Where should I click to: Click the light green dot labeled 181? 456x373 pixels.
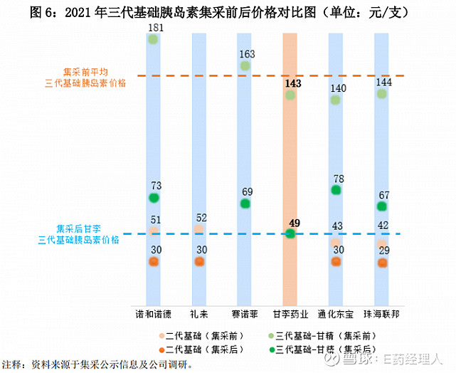click(x=154, y=40)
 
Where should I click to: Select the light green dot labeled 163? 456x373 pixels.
click(x=245, y=66)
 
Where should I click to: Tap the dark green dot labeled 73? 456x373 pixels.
click(x=154, y=197)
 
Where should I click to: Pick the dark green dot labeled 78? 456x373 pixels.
click(x=336, y=190)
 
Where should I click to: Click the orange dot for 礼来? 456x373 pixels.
click(x=199, y=261)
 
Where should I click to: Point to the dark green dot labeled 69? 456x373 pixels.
click(x=245, y=204)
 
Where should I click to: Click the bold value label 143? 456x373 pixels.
click(x=292, y=83)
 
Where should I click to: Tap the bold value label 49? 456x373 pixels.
click(x=295, y=223)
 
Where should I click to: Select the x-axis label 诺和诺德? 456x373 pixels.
click(x=154, y=313)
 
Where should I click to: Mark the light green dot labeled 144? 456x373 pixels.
click(x=382, y=94)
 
